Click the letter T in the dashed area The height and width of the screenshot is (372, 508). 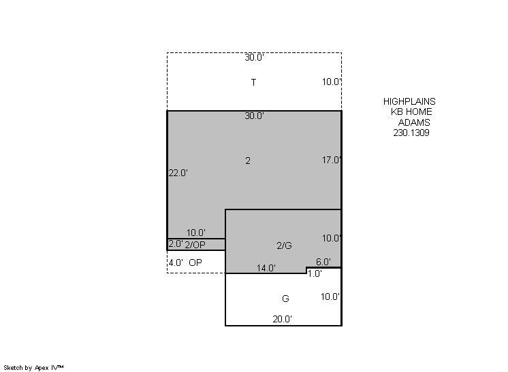(254, 82)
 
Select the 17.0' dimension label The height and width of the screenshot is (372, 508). (332, 160)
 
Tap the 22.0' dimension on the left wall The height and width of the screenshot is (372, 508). (178, 173)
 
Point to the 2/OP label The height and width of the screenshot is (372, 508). (195, 245)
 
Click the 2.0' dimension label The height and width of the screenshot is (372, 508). (176, 244)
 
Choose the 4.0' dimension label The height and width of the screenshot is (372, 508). (176, 263)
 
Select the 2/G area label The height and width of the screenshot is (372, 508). (284, 246)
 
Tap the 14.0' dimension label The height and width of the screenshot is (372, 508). (266, 268)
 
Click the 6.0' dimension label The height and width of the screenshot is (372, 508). (323, 262)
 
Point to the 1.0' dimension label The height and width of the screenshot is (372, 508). (314, 273)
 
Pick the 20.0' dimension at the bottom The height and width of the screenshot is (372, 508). (282, 319)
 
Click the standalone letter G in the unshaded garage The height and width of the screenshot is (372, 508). (285, 299)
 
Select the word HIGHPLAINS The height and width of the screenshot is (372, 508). (409, 101)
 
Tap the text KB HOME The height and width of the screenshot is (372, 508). (411, 112)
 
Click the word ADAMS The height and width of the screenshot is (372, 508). (414, 122)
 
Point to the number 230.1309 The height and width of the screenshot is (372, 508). (411, 133)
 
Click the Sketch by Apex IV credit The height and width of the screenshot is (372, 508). (33, 368)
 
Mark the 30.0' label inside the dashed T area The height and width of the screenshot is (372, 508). (254, 58)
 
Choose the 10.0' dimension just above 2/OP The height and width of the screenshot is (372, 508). (196, 233)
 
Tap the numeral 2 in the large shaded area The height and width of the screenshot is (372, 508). (248, 160)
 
